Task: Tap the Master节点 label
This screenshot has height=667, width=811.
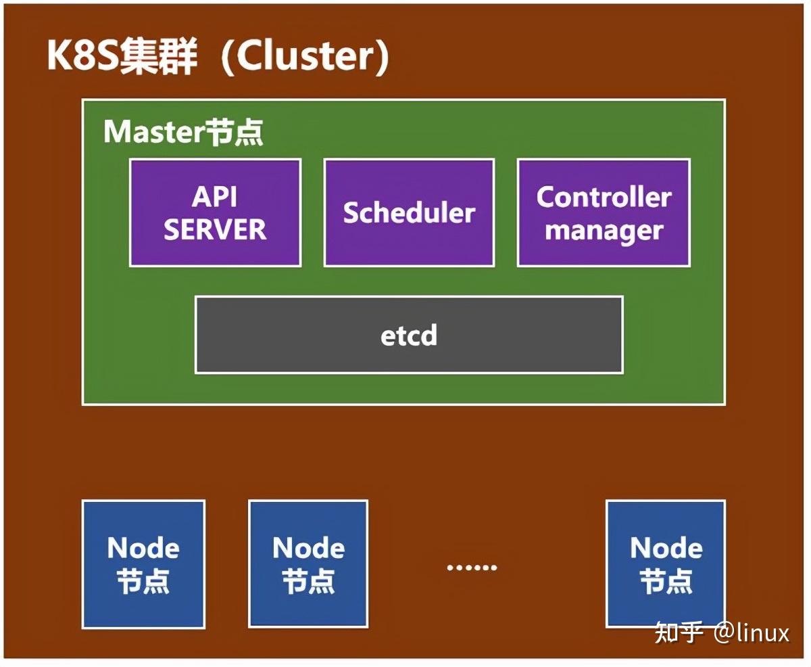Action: click(183, 132)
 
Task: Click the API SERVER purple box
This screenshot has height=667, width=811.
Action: click(215, 212)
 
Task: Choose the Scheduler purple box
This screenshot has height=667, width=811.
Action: click(409, 212)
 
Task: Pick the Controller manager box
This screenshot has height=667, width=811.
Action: click(604, 212)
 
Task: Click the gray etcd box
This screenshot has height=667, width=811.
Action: click(409, 335)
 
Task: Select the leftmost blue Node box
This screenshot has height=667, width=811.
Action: click(143, 563)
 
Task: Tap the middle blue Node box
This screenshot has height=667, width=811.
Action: click(308, 563)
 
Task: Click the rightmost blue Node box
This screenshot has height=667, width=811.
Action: click(666, 563)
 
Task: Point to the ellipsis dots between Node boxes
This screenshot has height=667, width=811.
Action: click(472, 567)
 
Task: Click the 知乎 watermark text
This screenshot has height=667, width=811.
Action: click(679, 632)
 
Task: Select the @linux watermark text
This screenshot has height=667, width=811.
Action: click(752, 632)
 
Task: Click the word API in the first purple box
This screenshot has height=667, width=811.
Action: click(215, 197)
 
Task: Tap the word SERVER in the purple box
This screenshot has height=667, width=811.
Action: click(215, 230)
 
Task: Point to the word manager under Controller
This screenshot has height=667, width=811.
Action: click(604, 230)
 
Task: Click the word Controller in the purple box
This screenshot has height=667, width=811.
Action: click(604, 197)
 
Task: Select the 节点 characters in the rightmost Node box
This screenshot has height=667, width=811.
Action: click(666, 581)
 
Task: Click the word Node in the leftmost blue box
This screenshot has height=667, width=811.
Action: click(143, 547)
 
